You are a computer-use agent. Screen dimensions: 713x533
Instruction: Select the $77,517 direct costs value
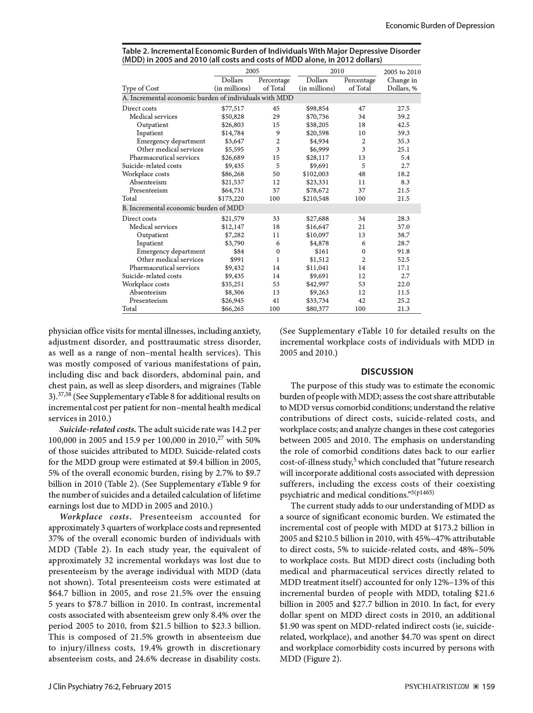tap(233, 108)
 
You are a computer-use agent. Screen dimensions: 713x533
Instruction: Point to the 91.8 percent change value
tap(403, 251)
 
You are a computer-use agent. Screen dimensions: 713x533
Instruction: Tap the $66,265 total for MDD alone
tap(233, 309)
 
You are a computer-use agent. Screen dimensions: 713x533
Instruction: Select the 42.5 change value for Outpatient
tap(403, 125)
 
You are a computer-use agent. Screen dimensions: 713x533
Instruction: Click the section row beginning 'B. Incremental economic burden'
tap(183, 208)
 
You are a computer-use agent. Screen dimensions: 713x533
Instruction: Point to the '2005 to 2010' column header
tap(402, 72)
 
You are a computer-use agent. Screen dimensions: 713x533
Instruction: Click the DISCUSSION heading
tap(387, 372)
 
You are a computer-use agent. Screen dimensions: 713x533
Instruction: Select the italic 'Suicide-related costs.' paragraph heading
tap(97, 429)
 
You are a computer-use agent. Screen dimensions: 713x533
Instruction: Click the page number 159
tap(488, 686)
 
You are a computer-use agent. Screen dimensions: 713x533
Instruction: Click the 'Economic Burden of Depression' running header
tap(440, 25)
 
